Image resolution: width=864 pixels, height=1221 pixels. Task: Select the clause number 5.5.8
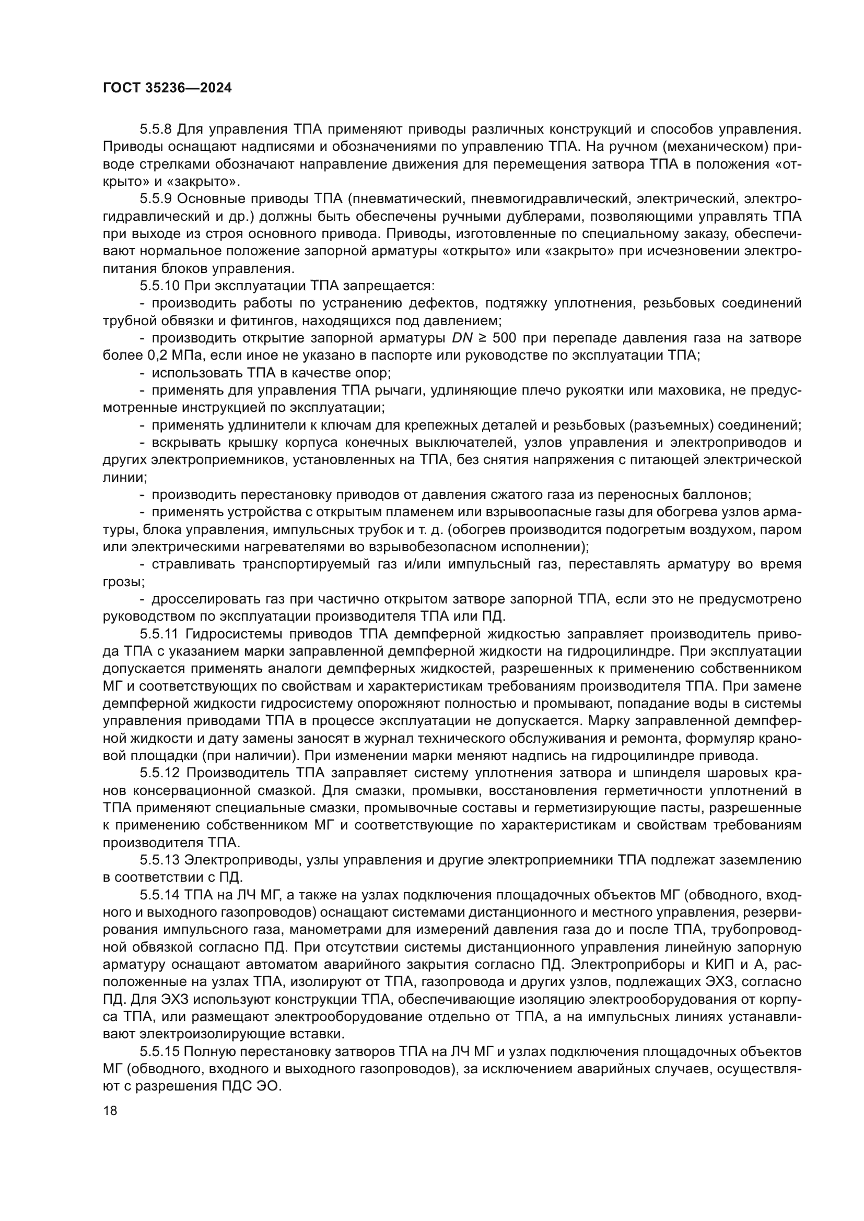tap(156, 129)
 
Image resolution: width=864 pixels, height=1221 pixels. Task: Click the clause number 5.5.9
tap(156, 199)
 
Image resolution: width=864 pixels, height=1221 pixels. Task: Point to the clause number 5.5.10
tap(160, 286)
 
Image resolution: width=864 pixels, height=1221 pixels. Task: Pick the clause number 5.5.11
tap(159, 634)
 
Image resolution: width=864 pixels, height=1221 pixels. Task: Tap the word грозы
tap(123, 582)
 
